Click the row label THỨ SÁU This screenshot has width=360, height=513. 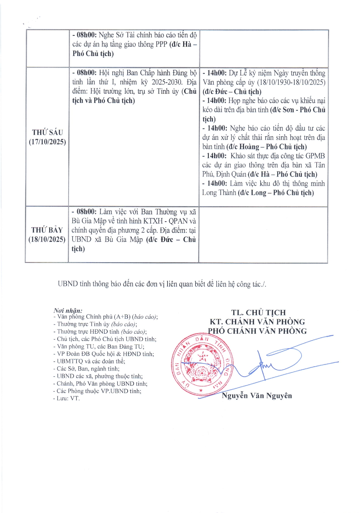point(47,132)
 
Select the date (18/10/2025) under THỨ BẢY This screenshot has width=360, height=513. point(47,239)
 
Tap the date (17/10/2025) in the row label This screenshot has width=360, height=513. point(47,142)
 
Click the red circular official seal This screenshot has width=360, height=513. point(202,365)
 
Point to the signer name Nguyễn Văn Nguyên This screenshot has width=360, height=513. point(257,396)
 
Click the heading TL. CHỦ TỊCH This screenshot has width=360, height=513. point(258,312)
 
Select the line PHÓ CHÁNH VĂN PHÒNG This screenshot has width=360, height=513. point(257,331)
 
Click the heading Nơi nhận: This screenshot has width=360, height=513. point(68,310)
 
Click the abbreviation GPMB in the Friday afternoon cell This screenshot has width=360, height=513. point(315,156)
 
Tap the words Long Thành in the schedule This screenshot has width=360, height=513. point(219,193)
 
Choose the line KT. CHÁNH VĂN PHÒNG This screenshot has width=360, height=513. point(257,322)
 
